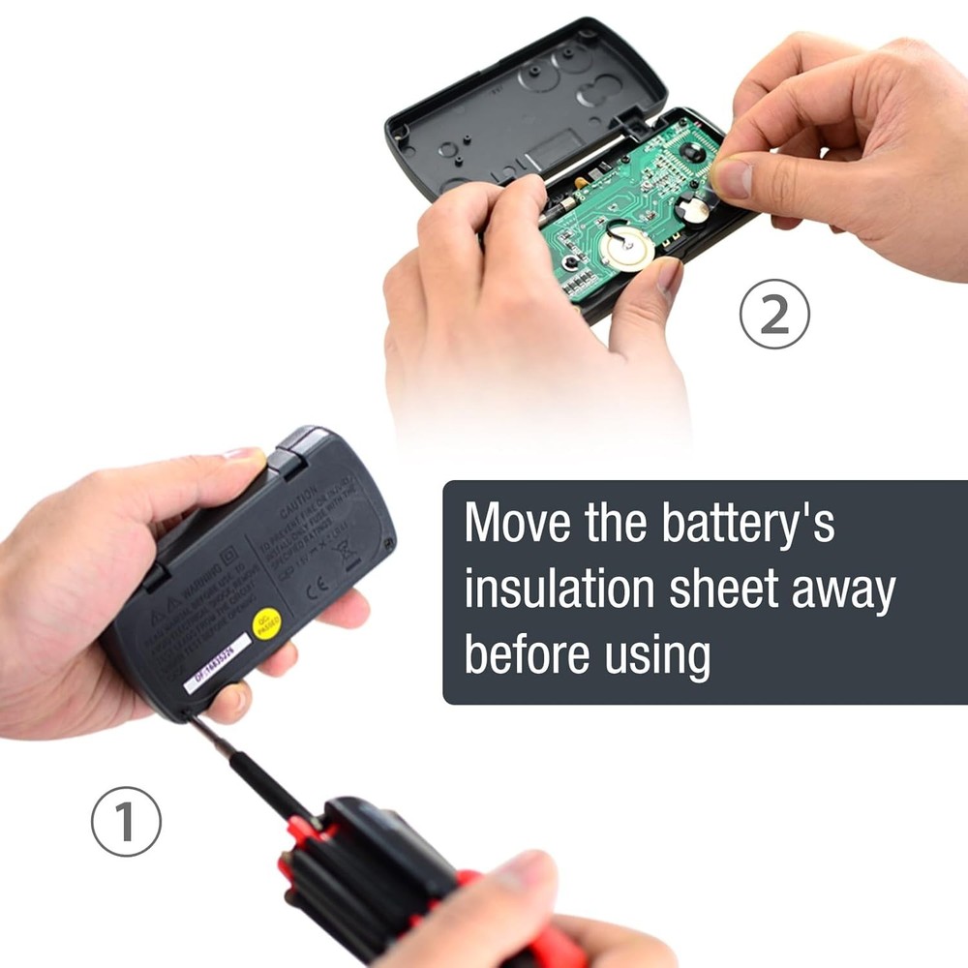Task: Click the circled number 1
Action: pos(126,821)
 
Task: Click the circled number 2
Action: pos(774,314)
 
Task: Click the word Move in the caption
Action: pos(518,524)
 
